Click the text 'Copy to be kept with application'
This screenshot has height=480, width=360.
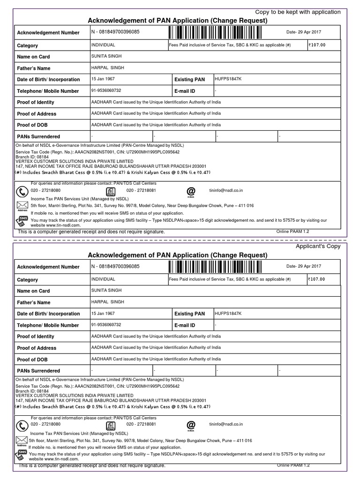(x=298, y=12)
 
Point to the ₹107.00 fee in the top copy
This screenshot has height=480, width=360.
(x=316, y=45)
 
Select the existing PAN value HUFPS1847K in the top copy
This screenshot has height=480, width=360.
(x=228, y=79)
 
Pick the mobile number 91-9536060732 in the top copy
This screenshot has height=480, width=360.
(x=106, y=90)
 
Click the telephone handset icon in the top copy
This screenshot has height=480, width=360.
(x=22, y=192)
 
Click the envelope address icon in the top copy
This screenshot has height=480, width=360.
(x=22, y=206)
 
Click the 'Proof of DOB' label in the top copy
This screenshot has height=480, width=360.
(x=32, y=125)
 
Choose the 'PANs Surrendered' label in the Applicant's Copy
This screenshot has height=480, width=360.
(x=38, y=371)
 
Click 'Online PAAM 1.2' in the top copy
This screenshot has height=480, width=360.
(x=293, y=232)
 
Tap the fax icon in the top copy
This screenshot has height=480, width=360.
(x=111, y=192)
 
